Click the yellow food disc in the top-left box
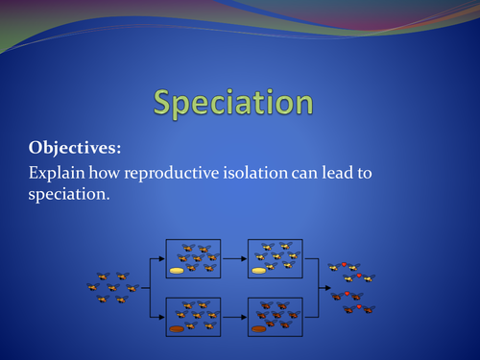pos(178,271)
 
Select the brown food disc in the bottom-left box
pos(178,327)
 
